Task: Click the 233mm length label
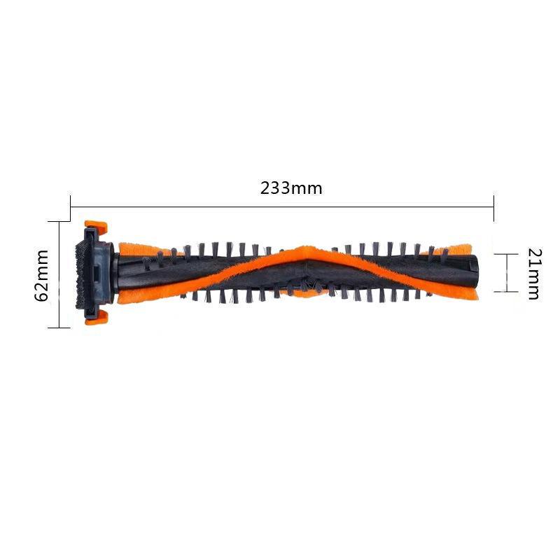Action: coord(291,188)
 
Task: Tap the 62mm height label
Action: coord(42,274)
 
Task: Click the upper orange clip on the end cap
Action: coord(95,228)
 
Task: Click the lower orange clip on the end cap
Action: coord(96,318)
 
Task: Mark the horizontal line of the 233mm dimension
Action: coord(280,206)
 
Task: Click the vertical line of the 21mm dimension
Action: coord(505,273)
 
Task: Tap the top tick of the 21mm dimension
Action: coord(505,255)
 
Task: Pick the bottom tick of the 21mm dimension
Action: coord(505,291)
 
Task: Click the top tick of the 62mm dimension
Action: coord(59,221)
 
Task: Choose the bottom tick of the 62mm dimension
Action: coord(59,327)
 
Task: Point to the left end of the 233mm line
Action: coord(71,206)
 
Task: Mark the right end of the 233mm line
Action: coord(494,206)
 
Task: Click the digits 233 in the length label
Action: coord(275,188)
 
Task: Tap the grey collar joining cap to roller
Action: coord(108,273)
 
